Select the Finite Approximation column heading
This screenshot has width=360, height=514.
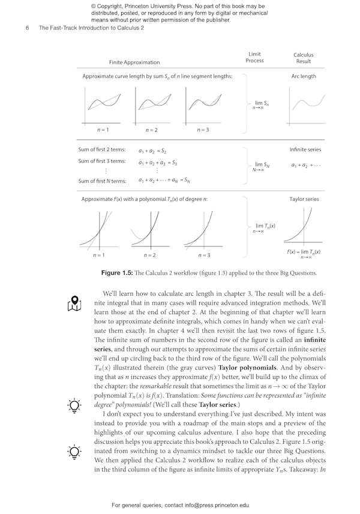click(134, 62)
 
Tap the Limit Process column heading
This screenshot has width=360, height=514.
click(254, 57)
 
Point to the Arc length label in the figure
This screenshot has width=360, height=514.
click(303, 76)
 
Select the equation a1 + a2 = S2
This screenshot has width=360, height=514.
click(152, 151)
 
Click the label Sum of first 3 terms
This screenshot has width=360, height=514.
click(102, 161)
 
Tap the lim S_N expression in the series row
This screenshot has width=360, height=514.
click(259, 166)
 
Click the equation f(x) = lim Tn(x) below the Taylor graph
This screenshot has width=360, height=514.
click(304, 253)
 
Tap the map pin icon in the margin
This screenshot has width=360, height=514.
click(74, 303)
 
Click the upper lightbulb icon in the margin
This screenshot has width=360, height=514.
click(74, 405)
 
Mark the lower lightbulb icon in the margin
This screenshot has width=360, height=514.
click(74, 452)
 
